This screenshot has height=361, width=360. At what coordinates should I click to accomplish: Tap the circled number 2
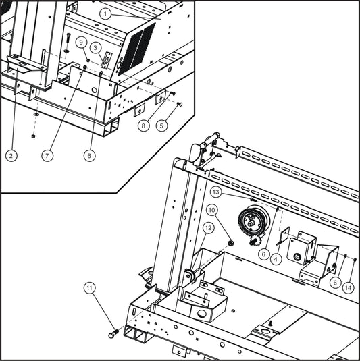[11, 155]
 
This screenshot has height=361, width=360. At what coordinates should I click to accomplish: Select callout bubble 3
[97, 47]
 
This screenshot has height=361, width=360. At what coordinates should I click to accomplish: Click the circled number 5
[161, 125]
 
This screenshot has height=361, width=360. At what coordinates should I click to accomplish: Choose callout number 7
[47, 155]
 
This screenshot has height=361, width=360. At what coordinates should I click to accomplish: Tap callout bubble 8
[143, 125]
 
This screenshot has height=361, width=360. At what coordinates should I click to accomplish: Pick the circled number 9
[81, 42]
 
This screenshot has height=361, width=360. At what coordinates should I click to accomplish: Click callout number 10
[212, 211]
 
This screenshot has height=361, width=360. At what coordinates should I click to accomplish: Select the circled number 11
[90, 288]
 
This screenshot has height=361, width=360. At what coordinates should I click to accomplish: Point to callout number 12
[208, 228]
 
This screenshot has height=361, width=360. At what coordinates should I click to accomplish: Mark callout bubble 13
[215, 192]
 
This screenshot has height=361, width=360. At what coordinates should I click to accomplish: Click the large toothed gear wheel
[250, 221]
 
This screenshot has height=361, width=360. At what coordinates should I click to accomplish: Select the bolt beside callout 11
[113, 333]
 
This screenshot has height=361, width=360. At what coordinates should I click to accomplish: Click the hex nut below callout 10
[231, 242]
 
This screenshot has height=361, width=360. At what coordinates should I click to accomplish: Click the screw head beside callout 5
[180, 104]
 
